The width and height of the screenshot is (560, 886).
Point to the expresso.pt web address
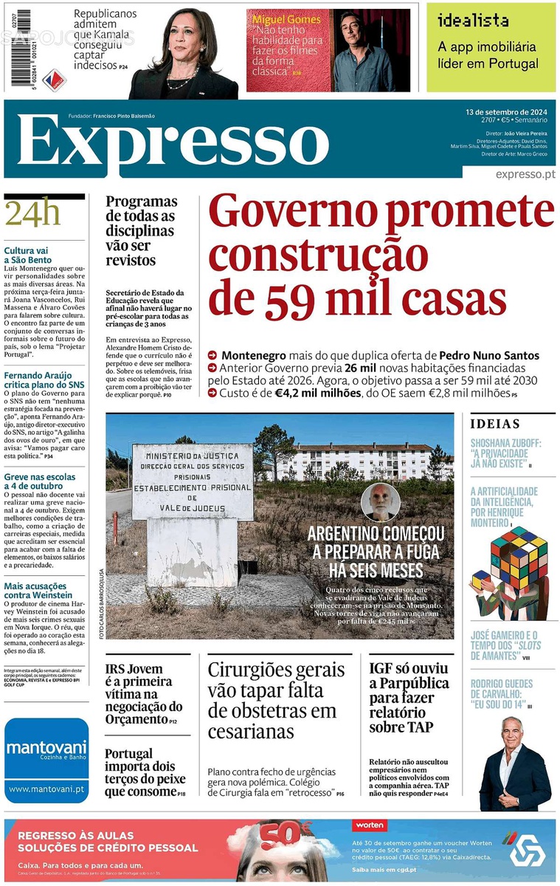525,174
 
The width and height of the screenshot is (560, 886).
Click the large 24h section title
32,215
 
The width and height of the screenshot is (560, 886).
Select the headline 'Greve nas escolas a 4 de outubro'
39,481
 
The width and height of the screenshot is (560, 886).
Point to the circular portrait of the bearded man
380,503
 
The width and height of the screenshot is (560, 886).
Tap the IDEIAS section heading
495,424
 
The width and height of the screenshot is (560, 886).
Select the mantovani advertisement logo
46,750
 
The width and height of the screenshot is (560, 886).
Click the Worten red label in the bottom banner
370,825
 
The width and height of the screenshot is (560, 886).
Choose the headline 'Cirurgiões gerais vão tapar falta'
276,700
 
